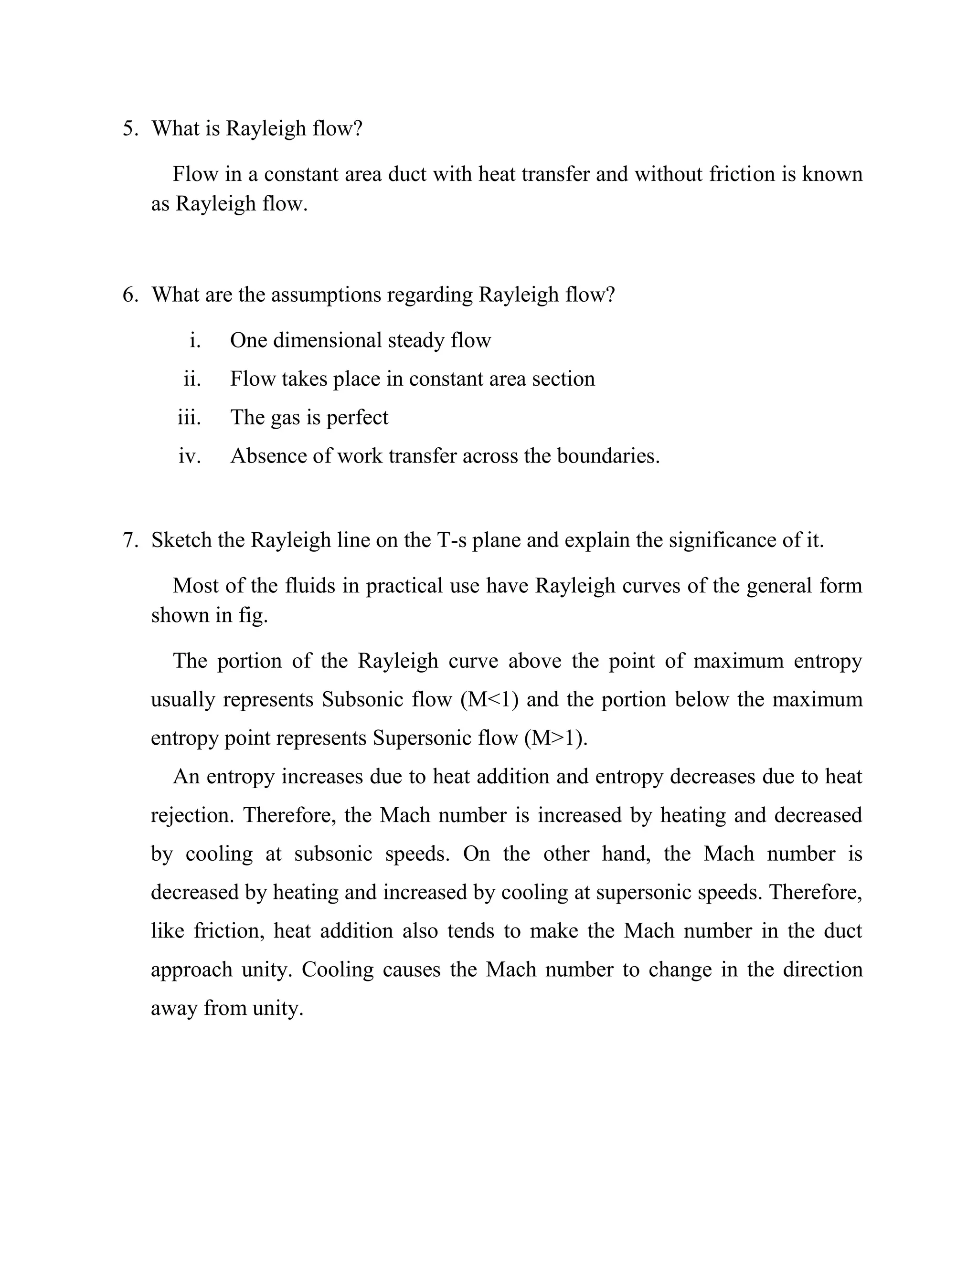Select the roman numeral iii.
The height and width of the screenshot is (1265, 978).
coord(189,417)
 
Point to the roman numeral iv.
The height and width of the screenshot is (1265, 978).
coord(190,456)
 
